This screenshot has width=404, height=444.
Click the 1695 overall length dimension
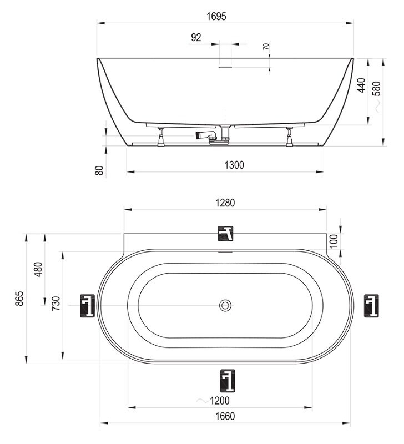(216, 17)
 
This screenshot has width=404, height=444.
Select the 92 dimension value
(196, 37)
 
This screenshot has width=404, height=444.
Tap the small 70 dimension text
(266, 47)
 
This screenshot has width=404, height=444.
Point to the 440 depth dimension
(361, 85)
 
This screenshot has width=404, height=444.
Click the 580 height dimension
(377, 89)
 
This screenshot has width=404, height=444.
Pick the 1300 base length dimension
(234, 165)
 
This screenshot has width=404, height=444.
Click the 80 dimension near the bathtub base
(99, 170)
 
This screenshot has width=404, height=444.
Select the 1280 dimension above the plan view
(225, 203)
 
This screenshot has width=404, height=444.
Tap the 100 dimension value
(334, 241)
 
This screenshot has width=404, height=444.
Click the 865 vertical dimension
(19, 299)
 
